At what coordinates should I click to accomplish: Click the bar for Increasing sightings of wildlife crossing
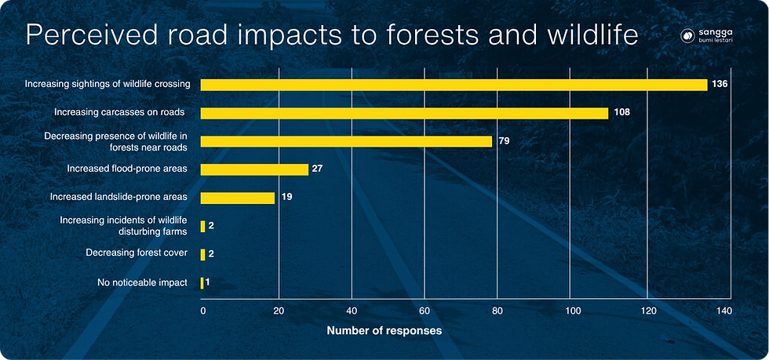coord(454,85)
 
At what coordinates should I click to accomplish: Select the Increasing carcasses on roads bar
coord(405,113)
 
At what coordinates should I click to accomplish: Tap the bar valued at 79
coord(346,141)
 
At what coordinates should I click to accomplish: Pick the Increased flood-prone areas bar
coord(254,169)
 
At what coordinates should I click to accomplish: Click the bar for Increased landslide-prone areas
coord(238,198)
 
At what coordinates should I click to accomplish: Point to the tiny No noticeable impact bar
coord(202,283)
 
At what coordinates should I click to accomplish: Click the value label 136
coord(720,85)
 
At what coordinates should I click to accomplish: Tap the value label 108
coord(621,113)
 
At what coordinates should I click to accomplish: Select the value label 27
coord(318,169)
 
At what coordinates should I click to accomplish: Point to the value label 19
coord(286,198)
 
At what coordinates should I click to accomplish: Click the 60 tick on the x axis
coord(425,311)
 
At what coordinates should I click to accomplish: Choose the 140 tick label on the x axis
coord(723,311)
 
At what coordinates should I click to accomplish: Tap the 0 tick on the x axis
coord(203,311)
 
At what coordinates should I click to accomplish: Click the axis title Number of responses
coord(384,331)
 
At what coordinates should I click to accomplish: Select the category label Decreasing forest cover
coord(137,253)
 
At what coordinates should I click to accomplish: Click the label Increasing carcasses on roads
coord(119,112)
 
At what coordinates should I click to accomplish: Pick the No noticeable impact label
coord(143,282)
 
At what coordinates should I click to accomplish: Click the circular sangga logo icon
coord(687,36)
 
